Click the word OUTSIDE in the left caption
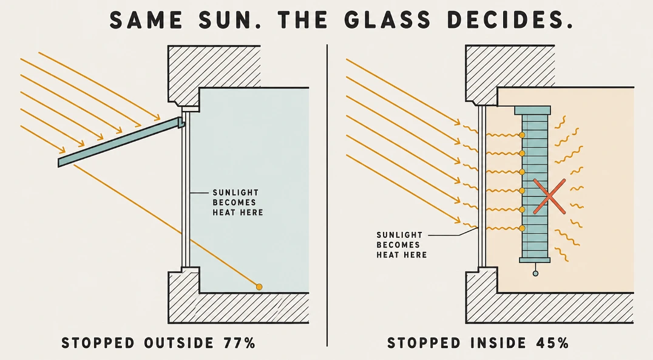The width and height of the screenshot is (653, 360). click(179, 343)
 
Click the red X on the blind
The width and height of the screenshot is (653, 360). click(549, 197)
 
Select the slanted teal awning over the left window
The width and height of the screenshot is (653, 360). click(121, 142)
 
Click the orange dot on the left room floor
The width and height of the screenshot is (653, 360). click(259, 287)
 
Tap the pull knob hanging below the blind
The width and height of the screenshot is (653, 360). click(535, 273)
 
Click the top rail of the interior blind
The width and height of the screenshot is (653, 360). click(533, 110)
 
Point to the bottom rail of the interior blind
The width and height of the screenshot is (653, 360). click(535, 260)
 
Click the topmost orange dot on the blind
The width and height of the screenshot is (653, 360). click(522, 135)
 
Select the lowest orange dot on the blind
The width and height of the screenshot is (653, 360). click(522, 228)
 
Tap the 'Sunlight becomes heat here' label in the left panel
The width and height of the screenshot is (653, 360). click(238, 203)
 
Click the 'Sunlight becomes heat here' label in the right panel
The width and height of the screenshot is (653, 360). click(402, 245)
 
